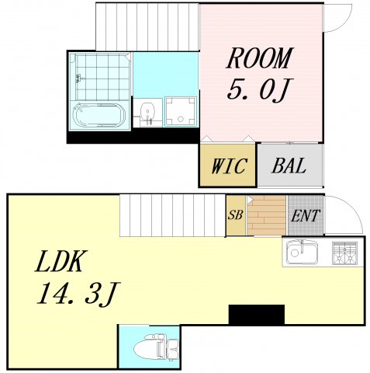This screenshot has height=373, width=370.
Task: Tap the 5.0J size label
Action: click(x=258, y=90)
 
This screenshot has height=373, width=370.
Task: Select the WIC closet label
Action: click(x=227, y=166)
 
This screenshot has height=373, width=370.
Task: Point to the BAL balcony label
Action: click(x=289, y=166)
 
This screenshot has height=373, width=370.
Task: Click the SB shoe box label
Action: click(x=235, y=215)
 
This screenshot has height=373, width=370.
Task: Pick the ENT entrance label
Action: click(x=305, y=215)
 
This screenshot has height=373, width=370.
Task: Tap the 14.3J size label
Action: click(x=75, y=295)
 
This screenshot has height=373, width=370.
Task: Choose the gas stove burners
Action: click(x=344, y=252)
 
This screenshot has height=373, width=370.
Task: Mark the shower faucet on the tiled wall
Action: click(x=78, y=77)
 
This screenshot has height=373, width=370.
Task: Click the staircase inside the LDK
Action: click(x=171, y=214)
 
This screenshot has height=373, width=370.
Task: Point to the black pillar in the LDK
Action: click(x=256, y=315)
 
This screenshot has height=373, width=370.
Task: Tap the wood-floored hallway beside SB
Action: click(x=265, y=215)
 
